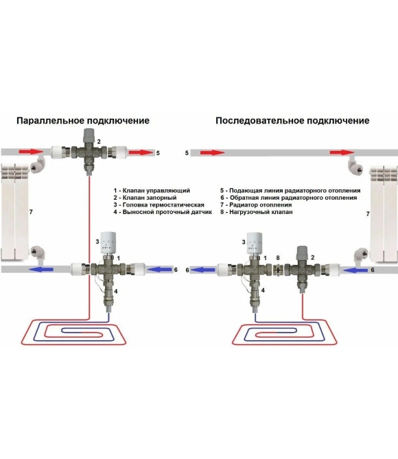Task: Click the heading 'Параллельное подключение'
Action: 83,121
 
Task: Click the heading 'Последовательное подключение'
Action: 292,121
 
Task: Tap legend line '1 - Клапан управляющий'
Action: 152,191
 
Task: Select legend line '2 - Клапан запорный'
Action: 145,198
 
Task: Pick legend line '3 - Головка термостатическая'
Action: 159,204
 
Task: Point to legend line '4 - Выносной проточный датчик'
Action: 163,212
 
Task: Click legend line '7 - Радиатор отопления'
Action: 256,205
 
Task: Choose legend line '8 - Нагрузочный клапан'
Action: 256,212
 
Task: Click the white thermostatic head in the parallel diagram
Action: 108,243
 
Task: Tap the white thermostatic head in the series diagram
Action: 255,243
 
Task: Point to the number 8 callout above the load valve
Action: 278,258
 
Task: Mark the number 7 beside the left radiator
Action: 31,211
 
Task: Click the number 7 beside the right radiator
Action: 368,214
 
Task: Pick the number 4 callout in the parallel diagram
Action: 116,292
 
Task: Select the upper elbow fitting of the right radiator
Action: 355,165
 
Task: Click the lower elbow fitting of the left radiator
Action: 38,252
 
